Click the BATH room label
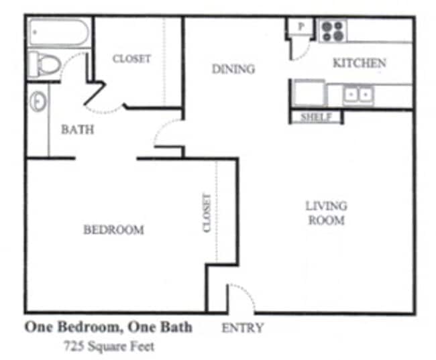(77, 130)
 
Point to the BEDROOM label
(113, 230)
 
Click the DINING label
(233, 69)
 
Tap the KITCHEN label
(360, 63)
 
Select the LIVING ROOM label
(326, 213)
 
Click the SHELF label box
(316, 117)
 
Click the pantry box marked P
(301, 26)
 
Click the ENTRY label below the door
(242, 328)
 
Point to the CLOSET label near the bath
(131, 59)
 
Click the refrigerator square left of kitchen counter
(308, 93)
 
